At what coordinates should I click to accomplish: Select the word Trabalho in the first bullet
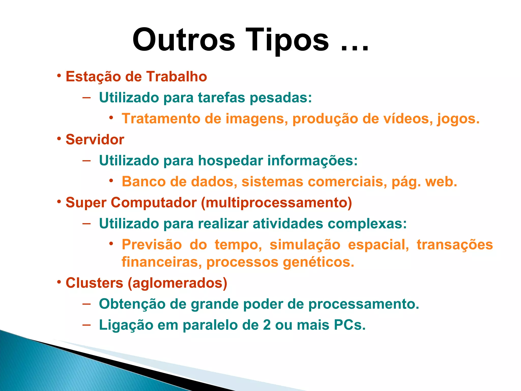pyautogui.click(x=177, y=77)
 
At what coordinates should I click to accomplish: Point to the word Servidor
pyautogui.click(x=95, y=139)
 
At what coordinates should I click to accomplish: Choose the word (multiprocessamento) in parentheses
pyautogui.click(x=276, y=203)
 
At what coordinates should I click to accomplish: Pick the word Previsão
pyautogui.click(x=152, y=245)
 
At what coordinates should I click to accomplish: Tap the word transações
pyautogui.click(x=455, y=245)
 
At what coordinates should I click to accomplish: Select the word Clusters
pyautogui.click(x=94, y=283)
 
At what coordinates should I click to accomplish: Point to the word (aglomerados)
pyautogui.click(x=177, y=283)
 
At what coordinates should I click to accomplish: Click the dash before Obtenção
pyautogui.click(x=86, y=304)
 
